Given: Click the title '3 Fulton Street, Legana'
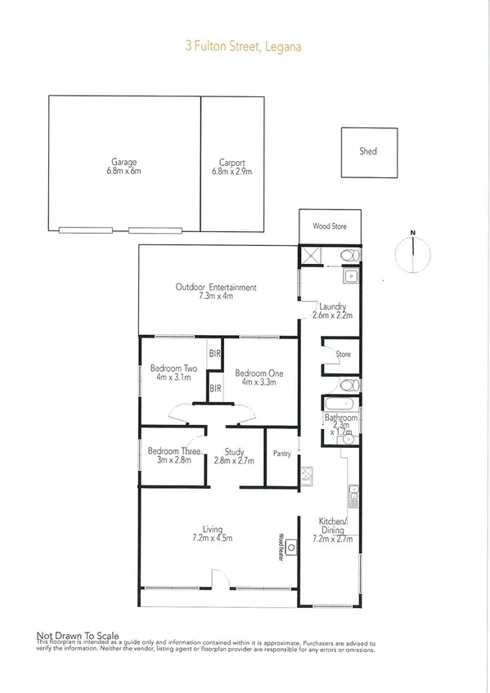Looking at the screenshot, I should click(245, 47).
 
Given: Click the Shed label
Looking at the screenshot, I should click(368, 151).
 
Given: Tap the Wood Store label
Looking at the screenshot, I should click(330, 226).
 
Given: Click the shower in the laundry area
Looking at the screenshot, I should click(310, 254).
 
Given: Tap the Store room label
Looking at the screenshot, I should click(344, 354).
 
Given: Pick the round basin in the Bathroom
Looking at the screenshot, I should click(348, 439).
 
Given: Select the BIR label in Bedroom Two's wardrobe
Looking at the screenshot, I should click(215, 354).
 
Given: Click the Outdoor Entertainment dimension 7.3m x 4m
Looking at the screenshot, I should click(216, 297).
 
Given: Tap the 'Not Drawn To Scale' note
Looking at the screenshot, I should click(78, 635).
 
